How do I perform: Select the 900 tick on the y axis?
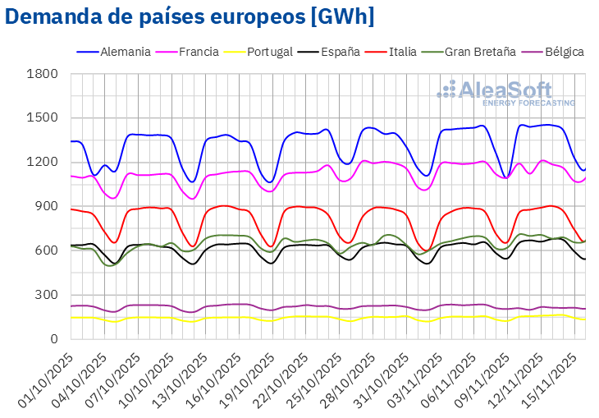point(48,206)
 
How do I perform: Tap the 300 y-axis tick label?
point(48,295)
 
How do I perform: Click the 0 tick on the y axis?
point(54,338)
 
